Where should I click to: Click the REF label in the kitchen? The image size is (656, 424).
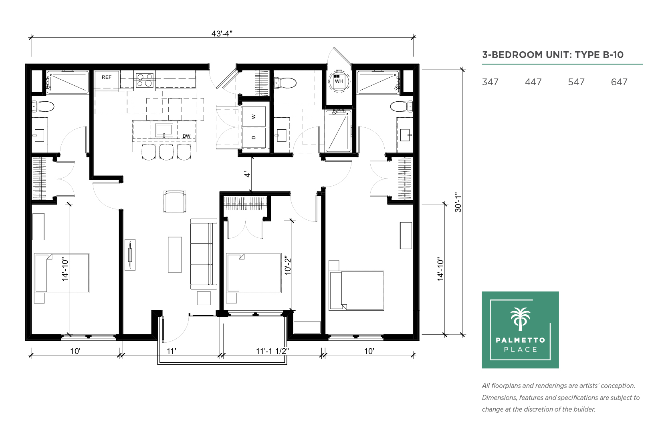coord(106,77)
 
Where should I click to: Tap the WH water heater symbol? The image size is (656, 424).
coord(339,80)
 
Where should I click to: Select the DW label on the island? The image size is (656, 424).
coord(186,136)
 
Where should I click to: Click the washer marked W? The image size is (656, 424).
coord(254,116)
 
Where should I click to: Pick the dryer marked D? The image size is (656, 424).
coord(254,137)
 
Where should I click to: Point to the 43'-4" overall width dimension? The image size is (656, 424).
coord(222,34)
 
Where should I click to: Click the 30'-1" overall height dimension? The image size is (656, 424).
coord(458,202)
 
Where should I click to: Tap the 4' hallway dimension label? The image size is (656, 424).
coord(248,175)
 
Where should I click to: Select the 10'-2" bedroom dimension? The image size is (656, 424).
coord(288,265)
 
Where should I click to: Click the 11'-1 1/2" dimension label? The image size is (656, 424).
coord(272,351)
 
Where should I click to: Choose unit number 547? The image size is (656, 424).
coord(576,82)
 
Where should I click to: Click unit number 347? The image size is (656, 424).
coord(490,82)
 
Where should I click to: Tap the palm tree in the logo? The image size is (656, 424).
coord(520,319)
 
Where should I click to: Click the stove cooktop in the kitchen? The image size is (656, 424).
coord(145,80)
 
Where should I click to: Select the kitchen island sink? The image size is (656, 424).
coord(164,131)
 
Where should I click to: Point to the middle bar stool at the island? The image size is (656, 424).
coord(166,152)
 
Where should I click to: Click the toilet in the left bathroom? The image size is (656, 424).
coord(43,107)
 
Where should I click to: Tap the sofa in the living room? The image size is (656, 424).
coord(204,254)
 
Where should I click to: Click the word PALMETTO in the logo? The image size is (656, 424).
coord(520,340)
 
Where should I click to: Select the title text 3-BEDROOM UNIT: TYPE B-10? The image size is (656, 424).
coord(553,55)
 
